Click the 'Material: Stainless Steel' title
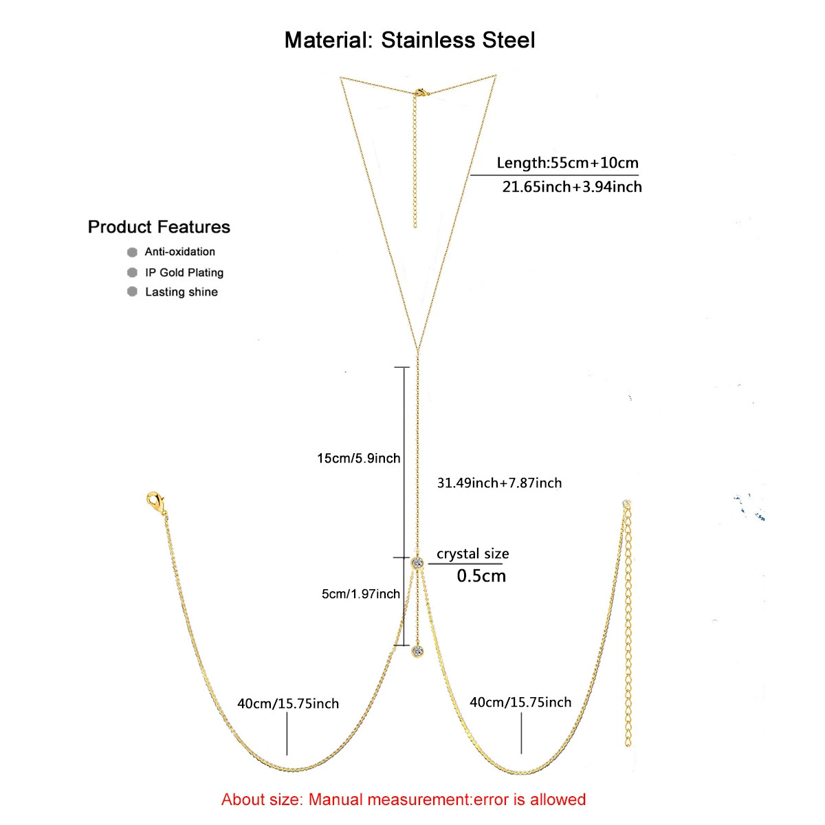(x=410, y=41)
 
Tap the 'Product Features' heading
(x=159, y=227)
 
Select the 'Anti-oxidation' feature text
(x=180, y=252)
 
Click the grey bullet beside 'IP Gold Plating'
(x=132, y=272)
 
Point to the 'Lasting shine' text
(x=181, y=292)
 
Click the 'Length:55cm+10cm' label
(x=567, y=163)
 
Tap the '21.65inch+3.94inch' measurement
(x=572, y=187)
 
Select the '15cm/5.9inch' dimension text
(x=359, y=458)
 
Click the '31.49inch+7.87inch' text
(x=499, y=483)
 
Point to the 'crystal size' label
(x=472, y=553)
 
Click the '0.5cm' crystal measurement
(x=481, y=576)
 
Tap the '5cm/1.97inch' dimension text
(x=361, y=594)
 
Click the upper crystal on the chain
(x=417, y=562)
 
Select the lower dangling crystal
(x=418, y=651)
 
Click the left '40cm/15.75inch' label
(x=288, y=703)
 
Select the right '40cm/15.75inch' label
(x=520, y=702)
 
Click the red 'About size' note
(x=404, y=800)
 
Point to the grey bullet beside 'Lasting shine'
(x=132, y=291)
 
